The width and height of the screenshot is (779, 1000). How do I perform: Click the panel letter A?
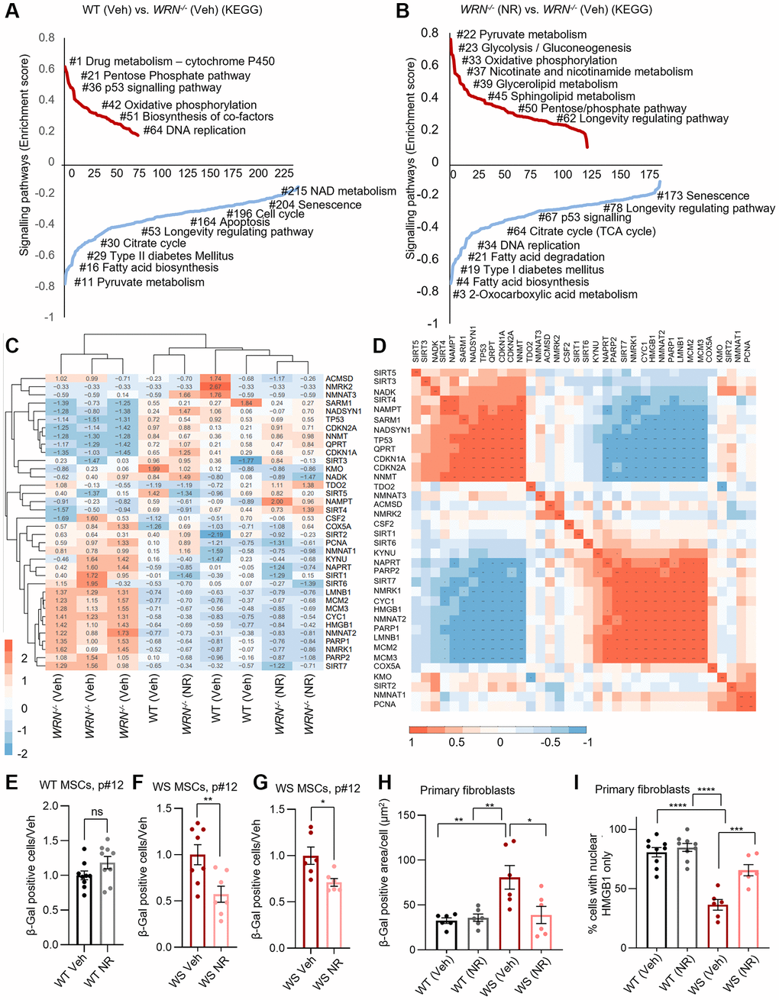[x=11, y=11]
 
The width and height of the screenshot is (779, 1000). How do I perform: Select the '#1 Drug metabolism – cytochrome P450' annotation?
[x=172, y=61]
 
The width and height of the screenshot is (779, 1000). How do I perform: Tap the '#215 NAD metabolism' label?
[x=338, y=191]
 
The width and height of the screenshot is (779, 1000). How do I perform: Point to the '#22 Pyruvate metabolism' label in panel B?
[x=522, y=34]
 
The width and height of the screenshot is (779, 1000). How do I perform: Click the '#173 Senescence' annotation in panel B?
[x=703, y=196]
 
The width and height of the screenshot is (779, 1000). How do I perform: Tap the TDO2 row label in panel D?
[x=384, y=486]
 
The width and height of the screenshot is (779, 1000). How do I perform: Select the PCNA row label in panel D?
[x=384, y=704]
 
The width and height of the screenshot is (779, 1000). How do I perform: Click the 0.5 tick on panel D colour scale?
[x=456, y=742]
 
